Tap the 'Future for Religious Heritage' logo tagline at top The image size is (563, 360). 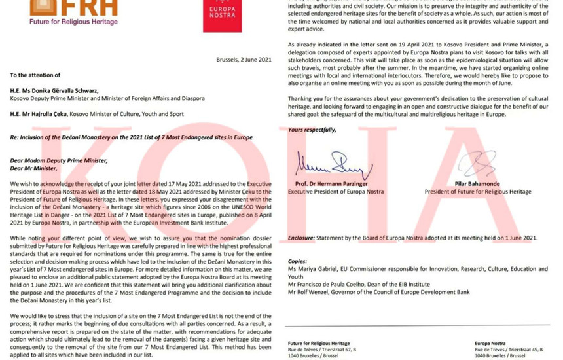64,22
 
